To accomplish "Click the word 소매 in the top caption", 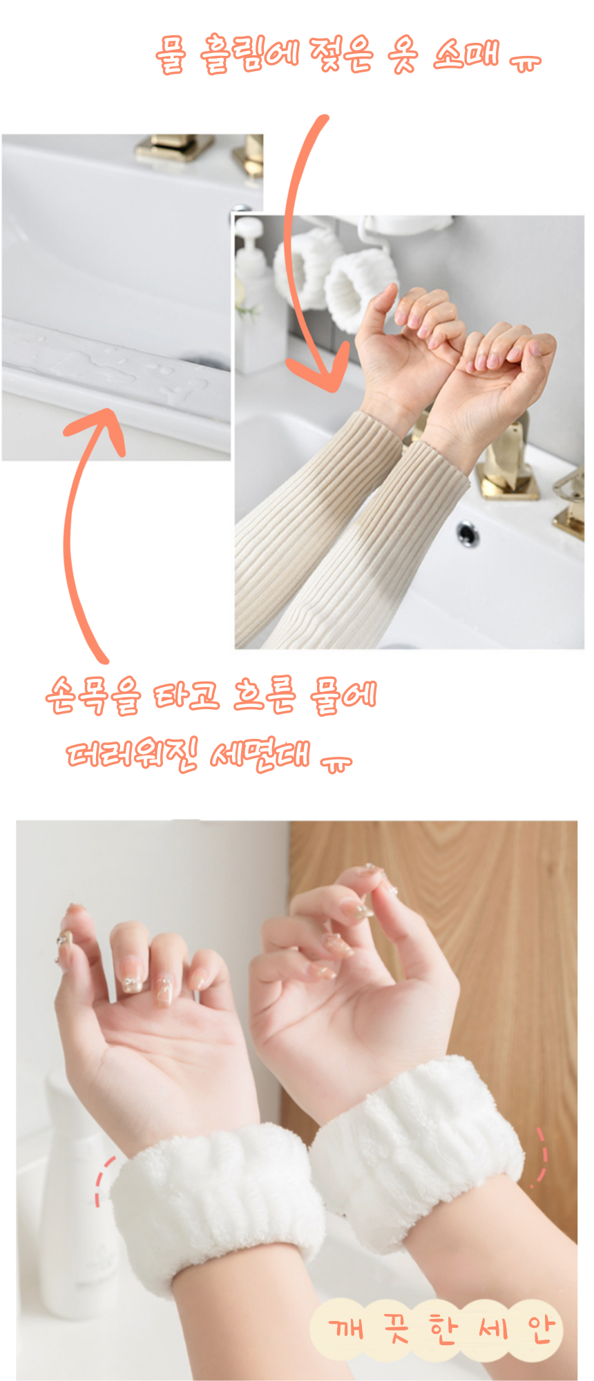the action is pos(466,54).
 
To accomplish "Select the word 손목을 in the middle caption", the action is pos(93,695).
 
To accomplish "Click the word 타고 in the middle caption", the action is pos(186,695).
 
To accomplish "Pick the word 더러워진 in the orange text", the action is pos(131,755).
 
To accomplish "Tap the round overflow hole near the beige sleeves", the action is pos(468,534).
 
